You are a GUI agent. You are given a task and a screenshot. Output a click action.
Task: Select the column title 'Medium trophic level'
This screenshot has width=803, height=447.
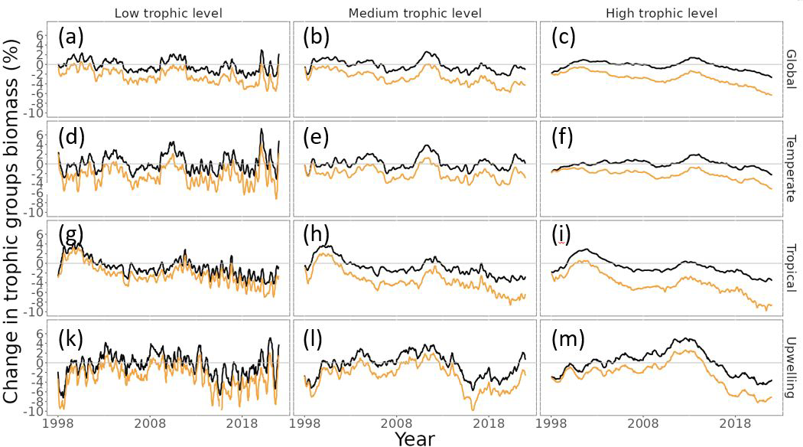415,13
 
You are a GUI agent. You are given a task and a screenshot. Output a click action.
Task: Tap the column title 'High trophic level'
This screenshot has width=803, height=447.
662,13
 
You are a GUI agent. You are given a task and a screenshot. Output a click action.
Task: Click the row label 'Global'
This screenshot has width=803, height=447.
792,69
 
